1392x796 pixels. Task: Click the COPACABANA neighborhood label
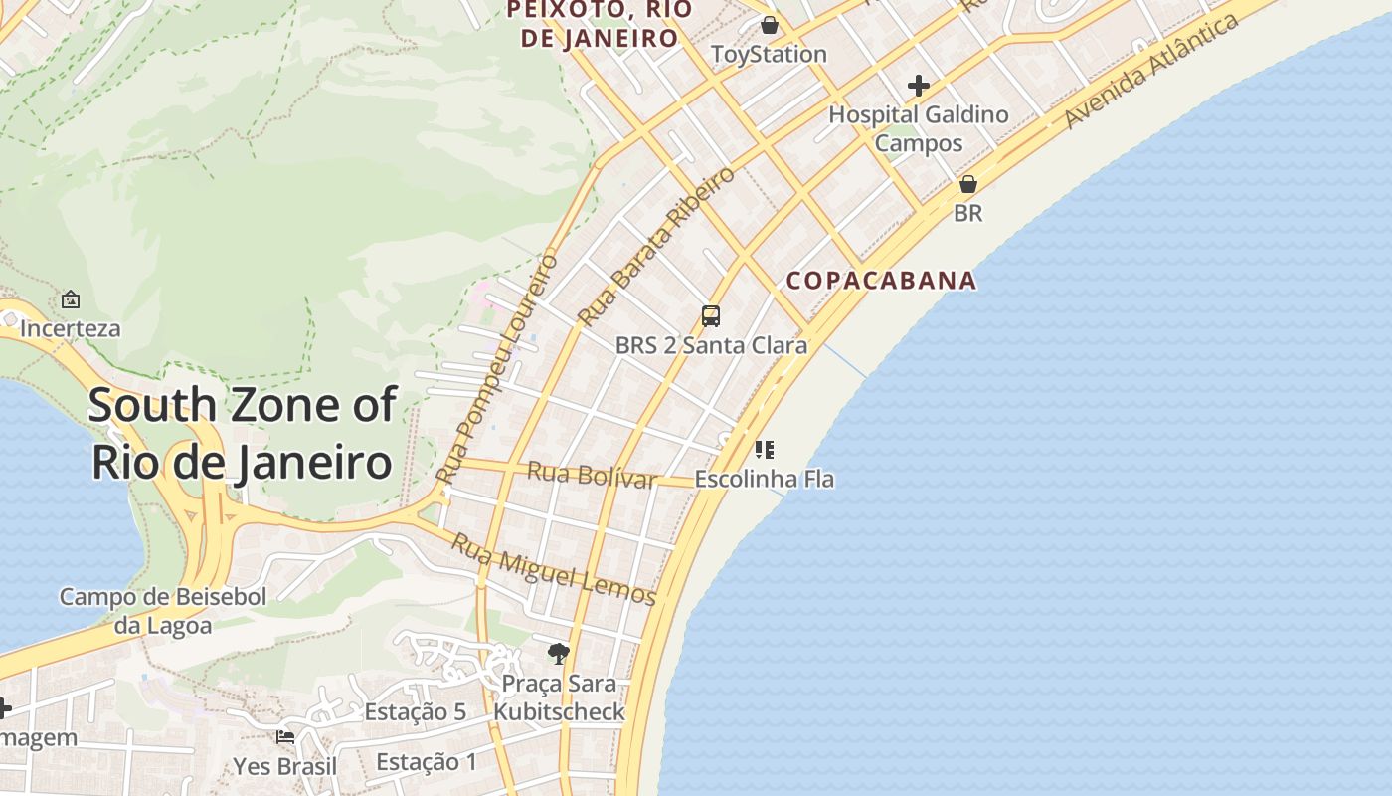pos(881,281)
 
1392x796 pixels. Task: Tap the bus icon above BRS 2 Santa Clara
pos(711,316)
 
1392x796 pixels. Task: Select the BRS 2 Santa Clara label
pos(711,346)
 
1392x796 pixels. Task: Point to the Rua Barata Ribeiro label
pos(657,247)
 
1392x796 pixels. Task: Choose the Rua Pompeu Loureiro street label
pos(500,368)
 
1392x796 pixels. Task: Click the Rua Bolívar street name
pos(591,475)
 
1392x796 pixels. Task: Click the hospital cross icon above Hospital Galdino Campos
pos(918,86)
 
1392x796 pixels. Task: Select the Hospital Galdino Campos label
pos(919,128)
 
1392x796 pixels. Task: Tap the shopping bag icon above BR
pos(967,184)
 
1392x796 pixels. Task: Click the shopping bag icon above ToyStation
pos(769,25)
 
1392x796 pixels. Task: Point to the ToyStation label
pos(769,54)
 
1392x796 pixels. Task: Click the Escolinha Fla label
pos(764,479)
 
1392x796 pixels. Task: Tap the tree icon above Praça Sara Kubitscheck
pos(559,654)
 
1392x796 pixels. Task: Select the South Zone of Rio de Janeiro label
pos(243,434)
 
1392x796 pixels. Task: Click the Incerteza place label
pos(70,328)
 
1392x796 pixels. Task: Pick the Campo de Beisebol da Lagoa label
pos(163,611)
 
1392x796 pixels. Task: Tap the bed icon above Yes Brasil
pos(285,737)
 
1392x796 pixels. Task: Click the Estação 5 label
pos(415,712)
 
